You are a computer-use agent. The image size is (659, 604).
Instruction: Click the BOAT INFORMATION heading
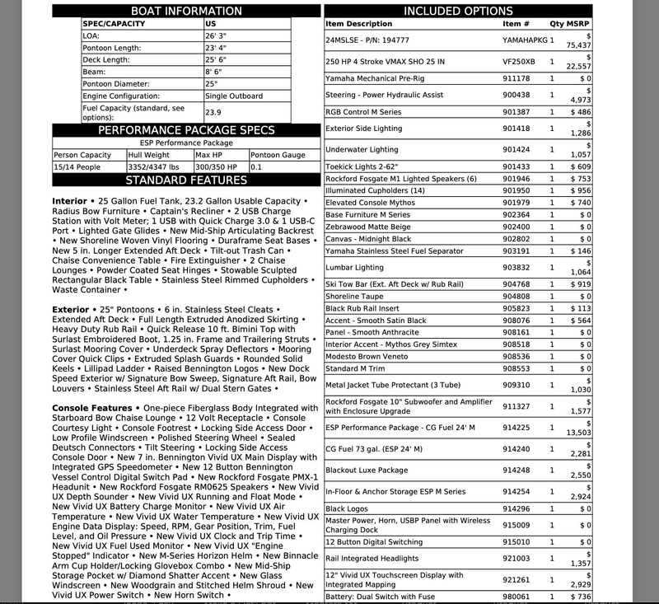186,12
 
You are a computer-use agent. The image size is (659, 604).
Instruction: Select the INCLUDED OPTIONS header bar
458,12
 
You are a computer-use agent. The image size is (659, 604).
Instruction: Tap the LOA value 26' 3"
217,36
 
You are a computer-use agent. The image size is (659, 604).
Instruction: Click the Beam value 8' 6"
214,72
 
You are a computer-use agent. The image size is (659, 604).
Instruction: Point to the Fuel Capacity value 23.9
213,113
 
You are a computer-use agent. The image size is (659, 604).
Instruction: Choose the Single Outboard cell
235,96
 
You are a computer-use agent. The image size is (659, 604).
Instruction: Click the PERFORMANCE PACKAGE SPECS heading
186,130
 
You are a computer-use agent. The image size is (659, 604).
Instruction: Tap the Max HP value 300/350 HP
216,167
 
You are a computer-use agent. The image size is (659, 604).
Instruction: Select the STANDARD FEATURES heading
186,180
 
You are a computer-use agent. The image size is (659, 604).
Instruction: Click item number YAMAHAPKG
524,39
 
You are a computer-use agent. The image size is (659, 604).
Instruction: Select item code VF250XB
518,61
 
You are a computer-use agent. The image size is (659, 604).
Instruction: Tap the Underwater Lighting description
362,150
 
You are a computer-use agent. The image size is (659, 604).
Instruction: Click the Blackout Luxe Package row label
367,470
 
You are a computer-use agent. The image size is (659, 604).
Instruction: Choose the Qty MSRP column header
570,24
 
